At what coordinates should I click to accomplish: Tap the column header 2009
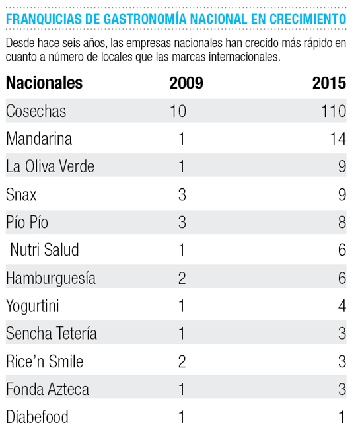pos(186,83)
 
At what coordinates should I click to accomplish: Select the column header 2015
pos(329,83)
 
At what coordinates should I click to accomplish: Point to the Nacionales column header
pos(44,83)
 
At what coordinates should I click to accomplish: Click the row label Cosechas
pos(36,111)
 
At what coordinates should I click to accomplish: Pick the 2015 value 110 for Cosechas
pos(334,111)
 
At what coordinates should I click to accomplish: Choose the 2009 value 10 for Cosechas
pos(178,111)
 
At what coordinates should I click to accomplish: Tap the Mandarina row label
pos(39,139)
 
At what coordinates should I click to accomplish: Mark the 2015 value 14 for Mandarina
pos(338,139)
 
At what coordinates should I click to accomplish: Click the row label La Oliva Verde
pos(50,166)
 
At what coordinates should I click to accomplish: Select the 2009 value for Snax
pos(182,194)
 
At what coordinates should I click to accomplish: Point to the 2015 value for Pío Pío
pos(342,222)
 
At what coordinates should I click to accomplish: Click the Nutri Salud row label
pos(44,250)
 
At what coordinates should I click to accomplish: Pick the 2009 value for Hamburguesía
pos(182,277)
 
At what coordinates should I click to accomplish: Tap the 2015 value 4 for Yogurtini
pos(342,306)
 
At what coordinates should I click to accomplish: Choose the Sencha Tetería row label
pos(52,333)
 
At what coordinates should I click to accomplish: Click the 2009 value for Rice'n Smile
pos(182,361)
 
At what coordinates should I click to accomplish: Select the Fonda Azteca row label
pos(48,389)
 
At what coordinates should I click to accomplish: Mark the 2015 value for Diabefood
pos(342,417)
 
